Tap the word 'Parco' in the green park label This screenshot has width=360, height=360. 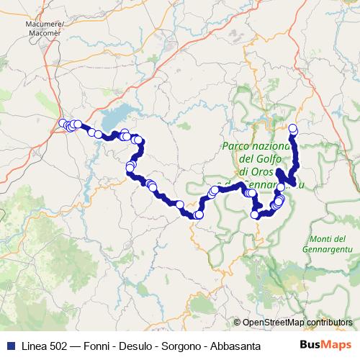click(x=236, y=145)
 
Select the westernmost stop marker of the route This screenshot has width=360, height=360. click(x=63, y=122)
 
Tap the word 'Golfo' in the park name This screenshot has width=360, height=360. click(x=268, y=158)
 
